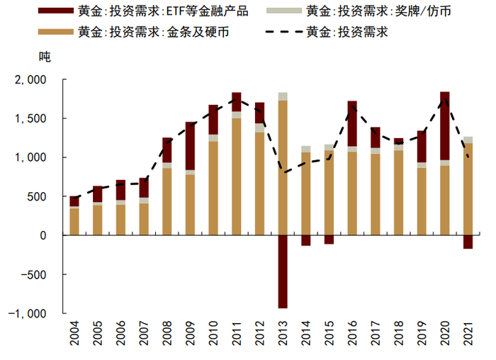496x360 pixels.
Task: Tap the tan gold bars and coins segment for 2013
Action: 283,167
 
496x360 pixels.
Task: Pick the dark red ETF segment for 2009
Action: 191,145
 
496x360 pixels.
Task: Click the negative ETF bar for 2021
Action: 468,242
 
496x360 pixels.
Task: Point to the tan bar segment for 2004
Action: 74,222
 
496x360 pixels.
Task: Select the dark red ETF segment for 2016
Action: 352,123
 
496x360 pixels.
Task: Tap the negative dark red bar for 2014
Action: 306,240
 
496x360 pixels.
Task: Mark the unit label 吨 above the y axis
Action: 45,55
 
